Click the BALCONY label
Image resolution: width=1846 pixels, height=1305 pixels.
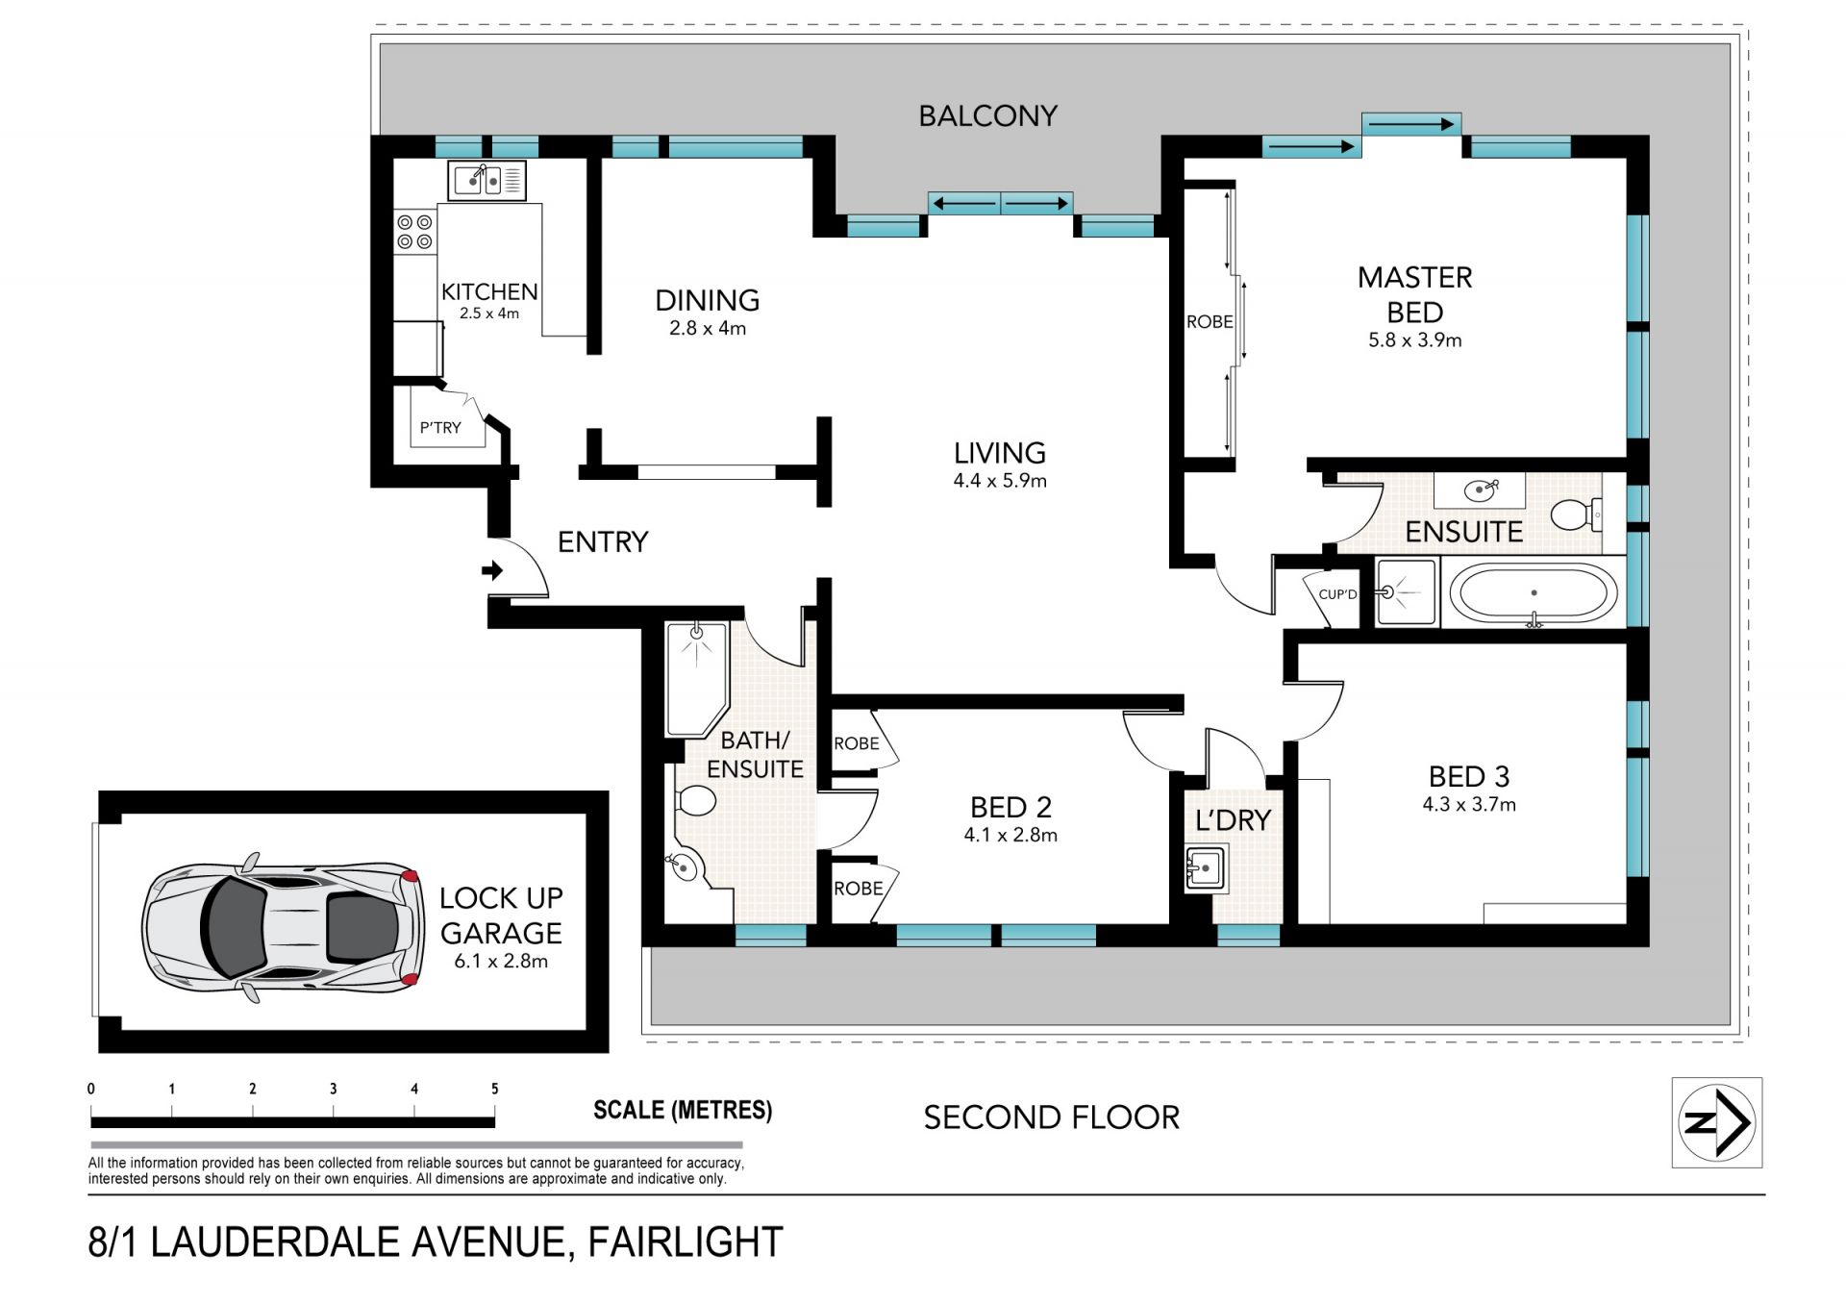coord(987,116)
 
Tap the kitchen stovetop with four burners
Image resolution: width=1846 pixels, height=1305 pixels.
coord(414,232)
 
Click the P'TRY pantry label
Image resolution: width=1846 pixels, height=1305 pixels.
coord(440,427)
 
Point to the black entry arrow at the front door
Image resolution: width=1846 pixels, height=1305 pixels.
coord(492,570)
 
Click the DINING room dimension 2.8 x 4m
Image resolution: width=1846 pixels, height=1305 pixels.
coord(708,328)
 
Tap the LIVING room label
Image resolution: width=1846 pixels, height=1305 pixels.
coord(1000,453)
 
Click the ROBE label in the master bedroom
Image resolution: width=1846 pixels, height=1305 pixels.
coord(1210,322)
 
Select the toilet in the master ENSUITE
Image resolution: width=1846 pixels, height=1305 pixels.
coord(1576,514)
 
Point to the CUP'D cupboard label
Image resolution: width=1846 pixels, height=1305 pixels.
coord(1337,594)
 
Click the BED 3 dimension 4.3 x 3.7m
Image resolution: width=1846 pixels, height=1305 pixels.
coord(1469,805)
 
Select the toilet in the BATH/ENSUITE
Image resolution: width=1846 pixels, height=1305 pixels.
coord(694,800)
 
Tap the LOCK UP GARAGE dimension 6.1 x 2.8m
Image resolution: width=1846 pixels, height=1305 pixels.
coord(501,961)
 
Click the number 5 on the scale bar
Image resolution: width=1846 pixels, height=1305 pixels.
coord(495,1089)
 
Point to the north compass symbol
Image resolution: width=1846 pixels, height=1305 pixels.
coord(1717,1122)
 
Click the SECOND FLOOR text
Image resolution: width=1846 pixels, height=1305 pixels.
coord(1051,1117)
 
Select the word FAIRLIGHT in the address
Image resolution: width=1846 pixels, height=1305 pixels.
coord(686,1242)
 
